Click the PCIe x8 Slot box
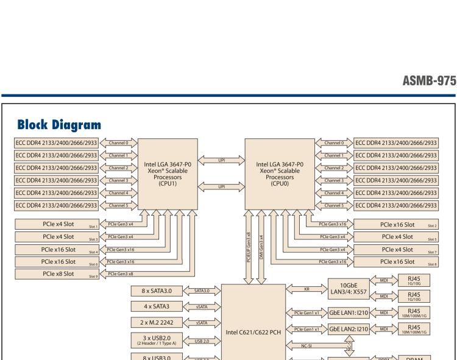[x=58, y=274]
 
